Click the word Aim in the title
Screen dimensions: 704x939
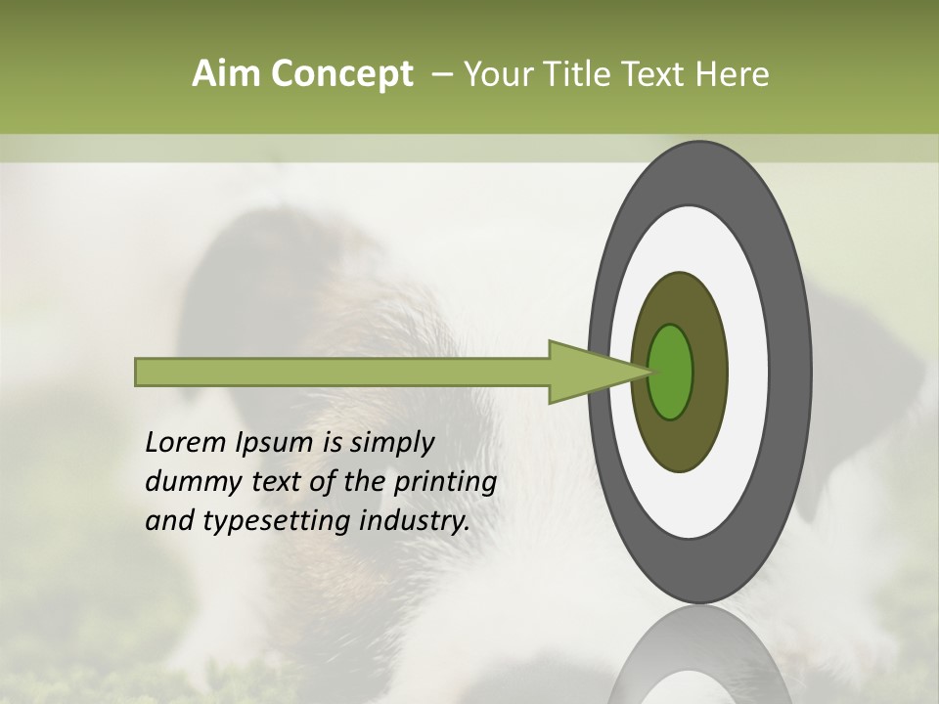tap(225, 74)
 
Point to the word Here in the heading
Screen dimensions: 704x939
tap(732, 74)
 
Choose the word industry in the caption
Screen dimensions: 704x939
tap(411, 521)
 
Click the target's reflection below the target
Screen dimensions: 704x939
tap(699, 655)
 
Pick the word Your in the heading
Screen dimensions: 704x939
tap(498, 74)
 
